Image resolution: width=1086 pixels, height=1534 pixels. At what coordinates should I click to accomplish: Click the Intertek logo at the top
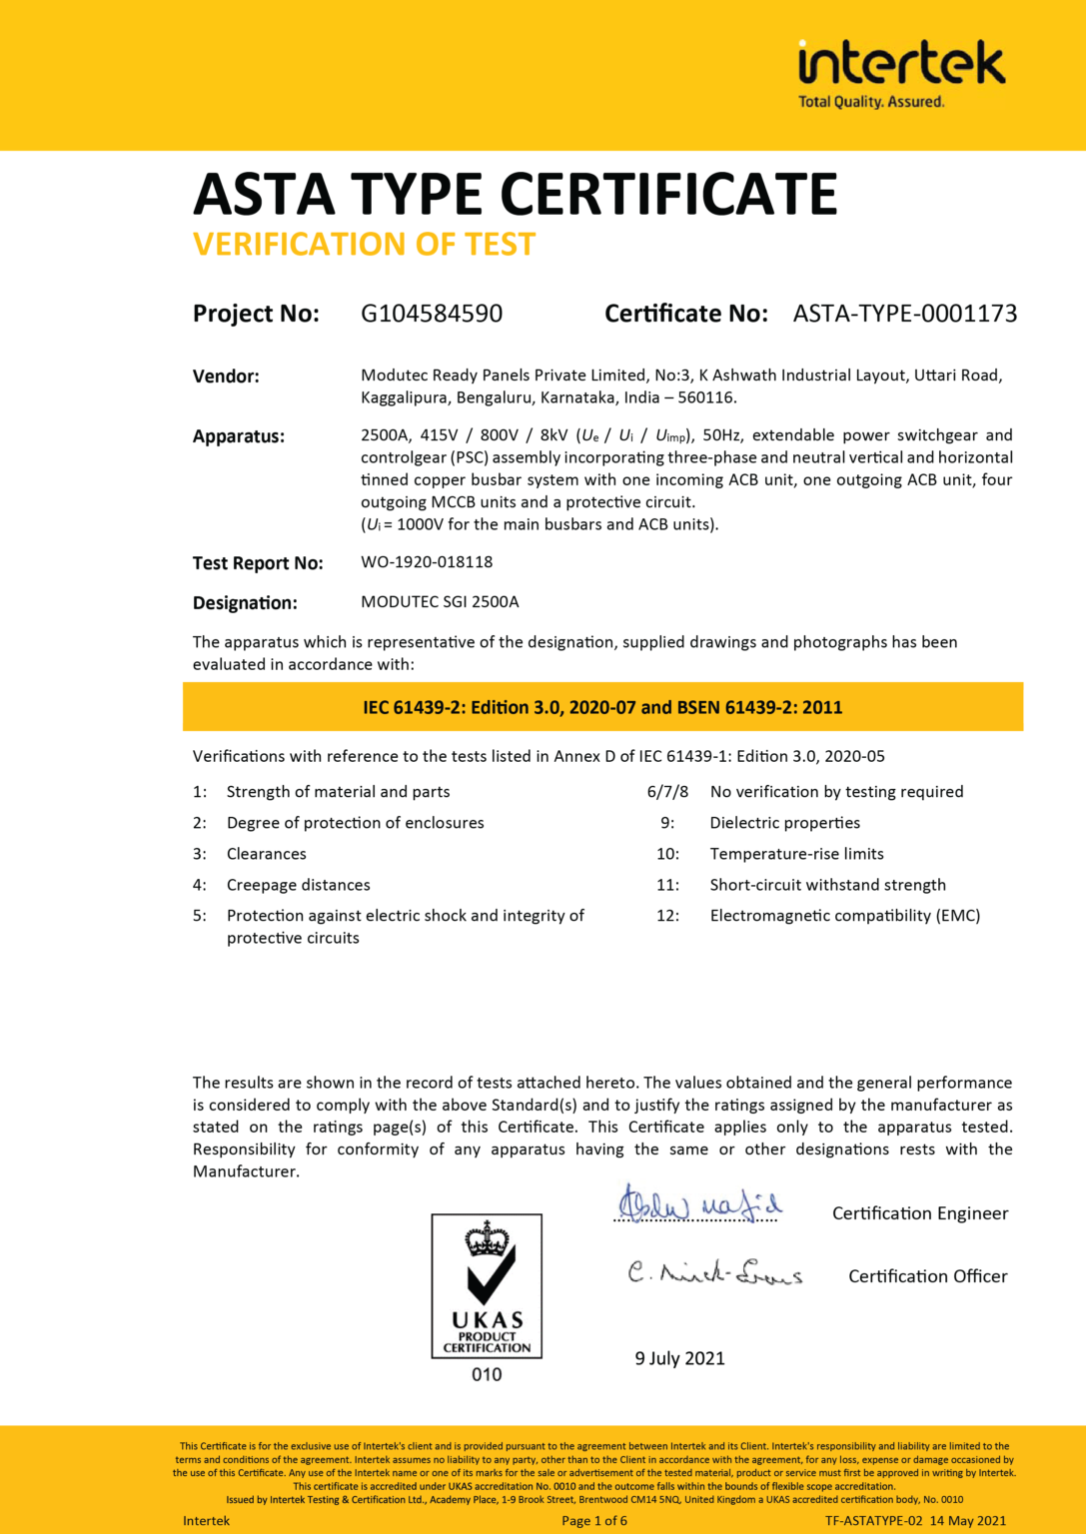pos(900,73)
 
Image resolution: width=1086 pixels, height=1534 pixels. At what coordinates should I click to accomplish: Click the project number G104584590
pos(432,314)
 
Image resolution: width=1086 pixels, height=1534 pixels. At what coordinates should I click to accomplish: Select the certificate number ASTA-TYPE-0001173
pos(904,314)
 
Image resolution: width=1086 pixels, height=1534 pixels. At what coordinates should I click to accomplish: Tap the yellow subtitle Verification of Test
pos(364,245)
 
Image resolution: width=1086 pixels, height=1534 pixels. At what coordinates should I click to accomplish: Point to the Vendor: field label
pos(226,377)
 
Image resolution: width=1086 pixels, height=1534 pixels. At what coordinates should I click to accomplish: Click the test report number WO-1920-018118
pos(427,562)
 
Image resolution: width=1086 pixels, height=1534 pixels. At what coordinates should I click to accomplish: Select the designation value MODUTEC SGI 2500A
pos(440,602)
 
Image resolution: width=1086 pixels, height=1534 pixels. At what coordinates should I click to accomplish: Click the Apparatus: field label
pos(238,436)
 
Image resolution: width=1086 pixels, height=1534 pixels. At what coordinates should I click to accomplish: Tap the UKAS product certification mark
pos(487,1285)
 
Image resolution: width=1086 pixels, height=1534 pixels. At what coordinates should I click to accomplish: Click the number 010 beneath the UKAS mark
pos(487,1375)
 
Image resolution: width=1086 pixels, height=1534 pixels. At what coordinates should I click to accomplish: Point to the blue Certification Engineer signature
pos(697,1204)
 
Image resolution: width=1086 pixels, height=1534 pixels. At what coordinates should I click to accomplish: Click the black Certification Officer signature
pos(714,1273)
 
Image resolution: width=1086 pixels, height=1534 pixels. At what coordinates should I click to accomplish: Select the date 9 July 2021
pos(679,1358)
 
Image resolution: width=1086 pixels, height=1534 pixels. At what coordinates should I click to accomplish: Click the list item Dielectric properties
pos(784,823)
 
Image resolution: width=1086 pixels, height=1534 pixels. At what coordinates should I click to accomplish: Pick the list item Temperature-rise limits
pos(796,854)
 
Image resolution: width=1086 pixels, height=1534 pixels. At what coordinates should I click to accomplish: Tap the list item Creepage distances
pos(298,885)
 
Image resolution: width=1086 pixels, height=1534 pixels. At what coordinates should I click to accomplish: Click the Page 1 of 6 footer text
pos(594,1521)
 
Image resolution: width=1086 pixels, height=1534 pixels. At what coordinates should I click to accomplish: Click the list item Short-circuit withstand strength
pos(827,885)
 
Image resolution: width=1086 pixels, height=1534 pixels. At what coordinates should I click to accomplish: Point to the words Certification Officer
pos(927,1276)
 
